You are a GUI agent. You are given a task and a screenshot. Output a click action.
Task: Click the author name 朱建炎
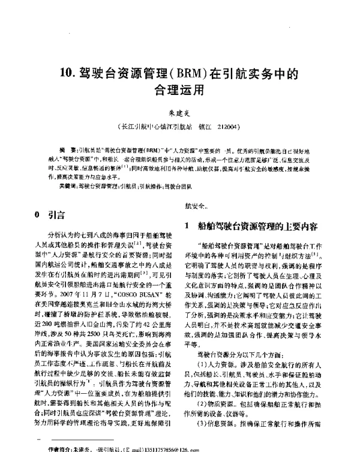point(180,112)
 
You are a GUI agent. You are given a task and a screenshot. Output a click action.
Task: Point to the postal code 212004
point(230,128)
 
